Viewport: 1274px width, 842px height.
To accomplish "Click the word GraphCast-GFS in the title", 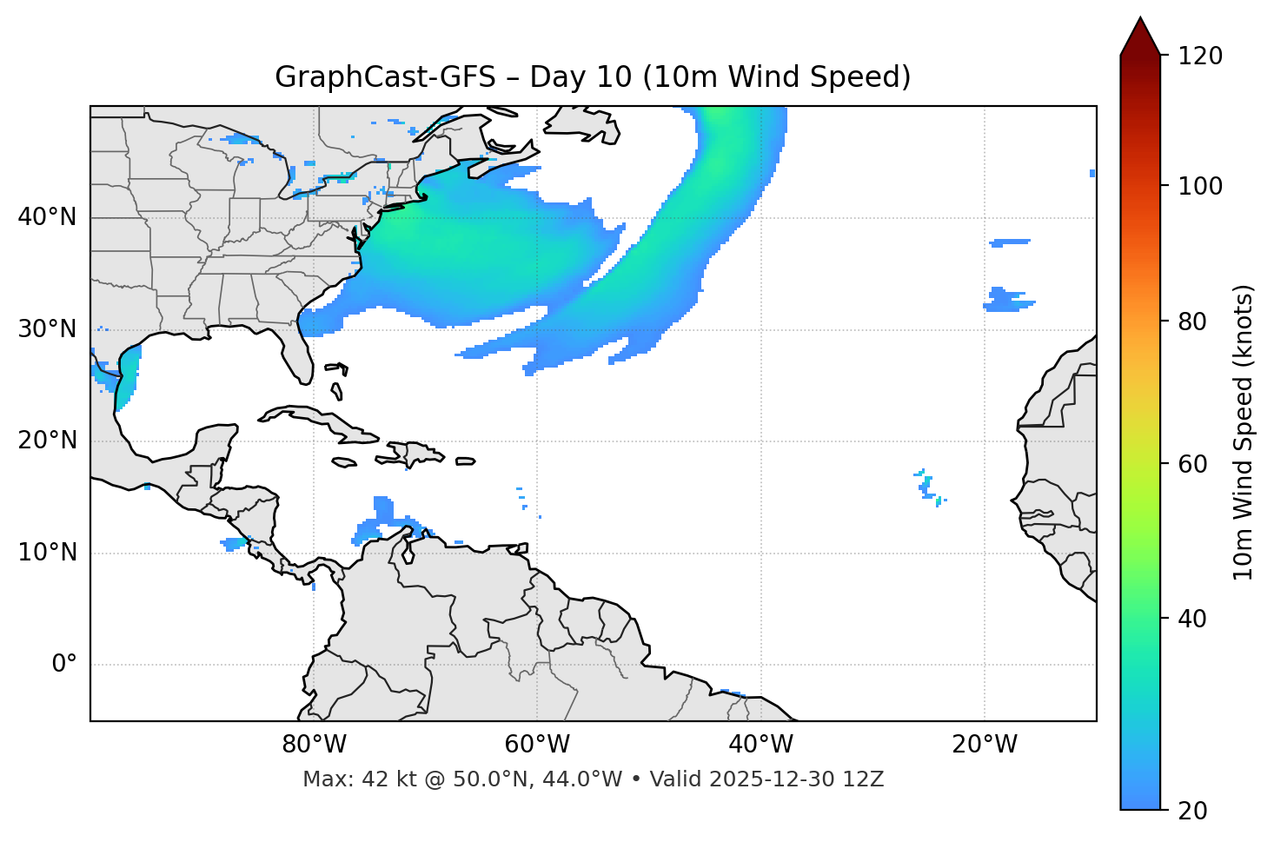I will (x=385, y=77).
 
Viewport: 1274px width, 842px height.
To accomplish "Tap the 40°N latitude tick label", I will (x=47, y=217).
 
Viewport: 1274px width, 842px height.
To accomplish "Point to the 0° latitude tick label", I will (x=64, y=665).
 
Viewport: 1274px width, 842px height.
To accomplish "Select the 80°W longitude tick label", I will (x=314, y=745).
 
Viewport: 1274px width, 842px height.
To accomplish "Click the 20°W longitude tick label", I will (x=985, y=745).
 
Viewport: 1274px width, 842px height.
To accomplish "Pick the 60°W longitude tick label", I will (x=537, y=745).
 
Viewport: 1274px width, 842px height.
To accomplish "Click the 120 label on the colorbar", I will (x=1200, y=56).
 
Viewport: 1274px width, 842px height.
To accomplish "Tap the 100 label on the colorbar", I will (x=1200, y=186).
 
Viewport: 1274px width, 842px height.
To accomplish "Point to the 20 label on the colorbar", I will (x=1193, y=811).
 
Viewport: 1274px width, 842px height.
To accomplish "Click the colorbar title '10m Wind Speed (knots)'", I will (x=1244, y=433).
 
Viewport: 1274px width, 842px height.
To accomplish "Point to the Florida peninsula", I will (x=301, y=352).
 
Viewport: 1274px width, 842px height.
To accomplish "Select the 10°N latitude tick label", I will (x=47, y=553).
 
